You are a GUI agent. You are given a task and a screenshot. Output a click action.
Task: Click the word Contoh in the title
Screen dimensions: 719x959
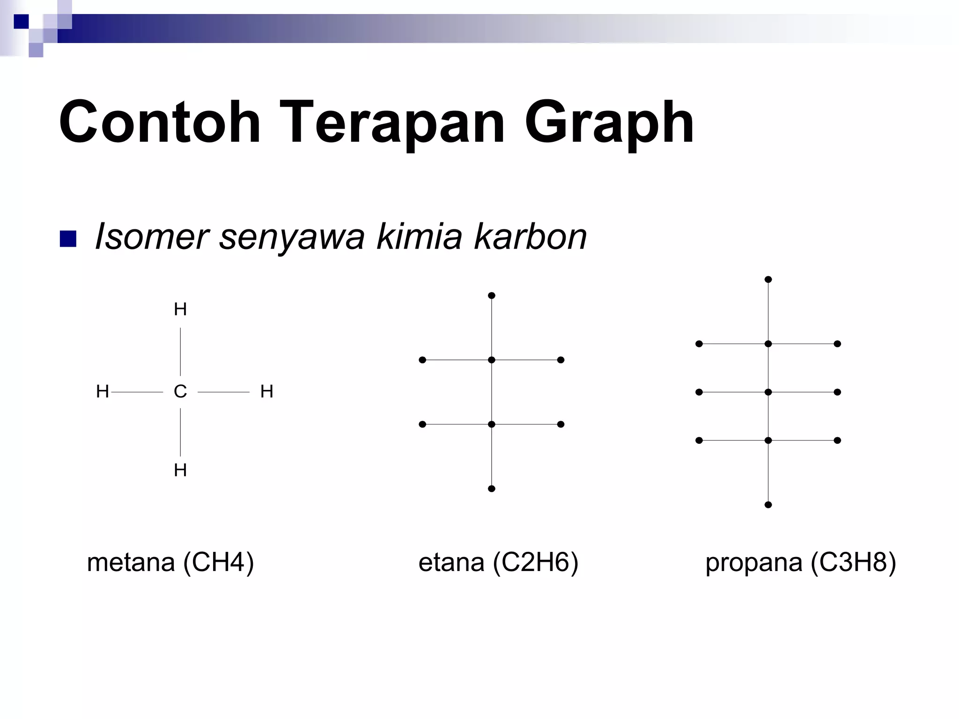[159, 123]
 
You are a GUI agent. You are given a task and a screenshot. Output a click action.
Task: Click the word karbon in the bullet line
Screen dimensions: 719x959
[530, 236]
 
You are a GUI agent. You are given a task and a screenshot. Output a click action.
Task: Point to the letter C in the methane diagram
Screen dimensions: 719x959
[180, 391]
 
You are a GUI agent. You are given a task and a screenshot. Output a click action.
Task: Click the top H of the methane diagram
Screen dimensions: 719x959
[180, 309]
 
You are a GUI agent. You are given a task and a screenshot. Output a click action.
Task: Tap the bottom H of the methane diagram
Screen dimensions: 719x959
[180, 470]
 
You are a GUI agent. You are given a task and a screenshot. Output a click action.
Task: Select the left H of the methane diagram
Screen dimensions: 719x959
[102, 391]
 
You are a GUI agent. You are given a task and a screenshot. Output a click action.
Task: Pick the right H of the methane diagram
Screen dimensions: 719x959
[266, 391]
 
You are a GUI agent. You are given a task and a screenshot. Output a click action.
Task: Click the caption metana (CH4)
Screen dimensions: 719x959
[170, 562]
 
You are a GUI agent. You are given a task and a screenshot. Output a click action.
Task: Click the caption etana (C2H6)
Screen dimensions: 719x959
[498, 562]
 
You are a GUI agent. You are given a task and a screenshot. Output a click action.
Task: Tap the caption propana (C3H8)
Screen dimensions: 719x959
[801, 562]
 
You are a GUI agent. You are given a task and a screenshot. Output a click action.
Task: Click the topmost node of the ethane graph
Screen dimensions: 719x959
[491, 295]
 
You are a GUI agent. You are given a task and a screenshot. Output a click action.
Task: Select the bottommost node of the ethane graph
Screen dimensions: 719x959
[491, 489]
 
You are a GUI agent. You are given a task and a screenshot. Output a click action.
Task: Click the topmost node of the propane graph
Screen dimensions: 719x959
[768, 279]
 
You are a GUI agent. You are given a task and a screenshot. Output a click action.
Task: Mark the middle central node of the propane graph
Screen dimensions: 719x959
[768, 392]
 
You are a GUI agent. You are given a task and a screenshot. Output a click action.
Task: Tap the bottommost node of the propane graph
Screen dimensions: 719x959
[768, 505]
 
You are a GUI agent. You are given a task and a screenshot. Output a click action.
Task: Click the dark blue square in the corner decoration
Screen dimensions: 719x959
[21, 22]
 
